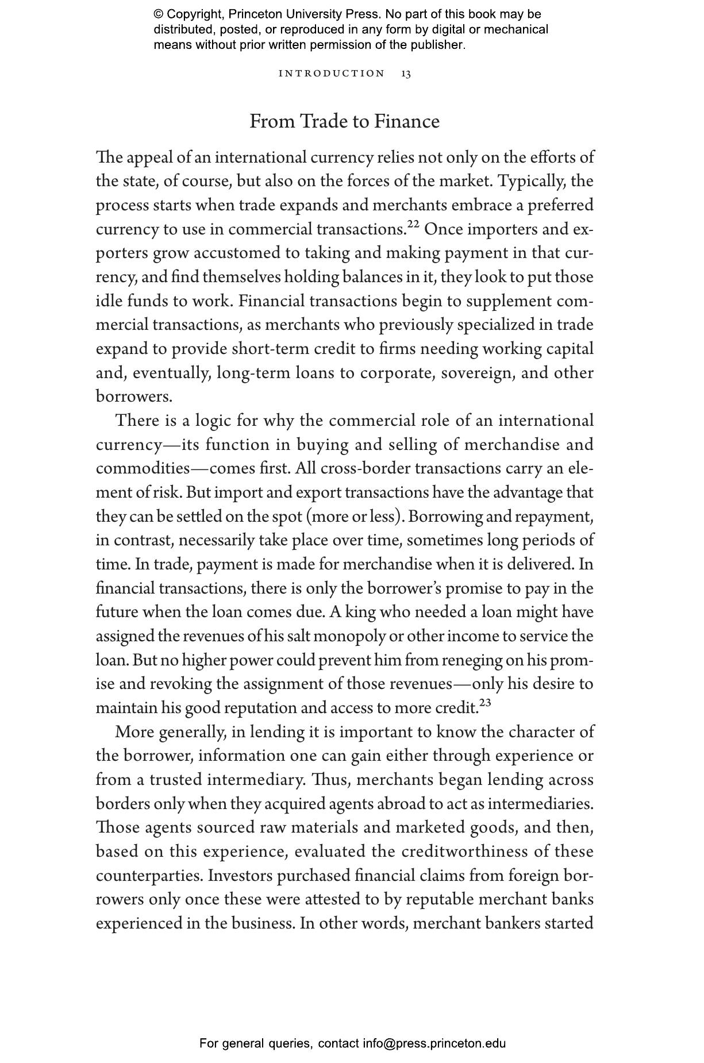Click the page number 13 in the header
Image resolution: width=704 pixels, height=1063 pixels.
[x=406, y=74]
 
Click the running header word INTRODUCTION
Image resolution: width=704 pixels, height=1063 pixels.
[x=332, y=74]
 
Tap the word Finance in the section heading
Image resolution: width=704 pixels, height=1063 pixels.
[x=407, y=122]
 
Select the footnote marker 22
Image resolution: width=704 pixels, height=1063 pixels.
[x=414, y=224]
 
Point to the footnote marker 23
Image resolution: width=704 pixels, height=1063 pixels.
[x=485, y=702]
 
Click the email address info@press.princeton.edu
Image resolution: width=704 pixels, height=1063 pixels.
[x=434, y=1043]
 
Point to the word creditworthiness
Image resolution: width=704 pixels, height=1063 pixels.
[x=464, y=852]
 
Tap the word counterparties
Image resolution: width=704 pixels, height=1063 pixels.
[x=149, y=876]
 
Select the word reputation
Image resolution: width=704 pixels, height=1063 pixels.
[x=260, y=708]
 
